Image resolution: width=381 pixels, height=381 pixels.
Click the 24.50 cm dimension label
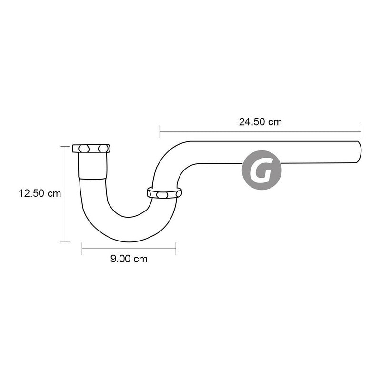[260, 122]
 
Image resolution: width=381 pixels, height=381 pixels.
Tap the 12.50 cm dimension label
[40, 193]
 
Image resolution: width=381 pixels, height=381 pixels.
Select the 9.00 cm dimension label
[129, 259]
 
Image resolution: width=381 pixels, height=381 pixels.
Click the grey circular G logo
[261, 170]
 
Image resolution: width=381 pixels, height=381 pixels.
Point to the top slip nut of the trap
[91, 148]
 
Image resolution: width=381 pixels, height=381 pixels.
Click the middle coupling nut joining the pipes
[164, 193]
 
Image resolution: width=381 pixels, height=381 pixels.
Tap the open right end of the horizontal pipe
[359, 152]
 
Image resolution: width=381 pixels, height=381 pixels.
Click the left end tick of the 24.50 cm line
[160, 131]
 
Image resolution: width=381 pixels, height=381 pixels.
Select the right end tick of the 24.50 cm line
[361, 131]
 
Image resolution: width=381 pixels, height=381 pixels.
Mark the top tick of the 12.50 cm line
[65, 147]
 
